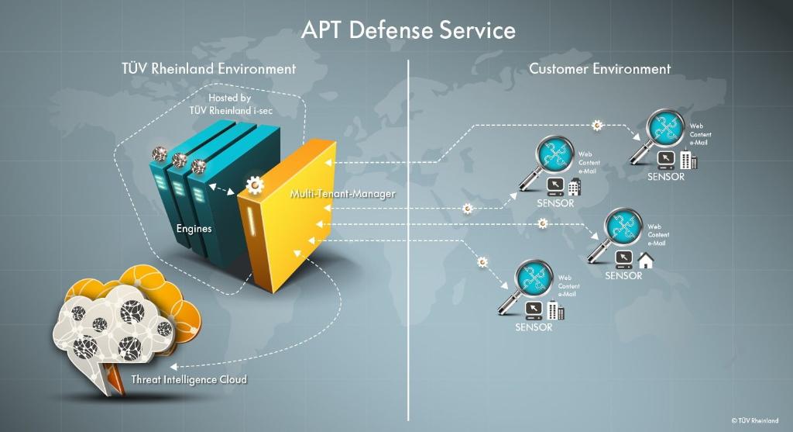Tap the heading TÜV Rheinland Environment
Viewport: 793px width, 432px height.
tap(208, 68)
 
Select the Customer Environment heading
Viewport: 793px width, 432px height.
tap(599, 68)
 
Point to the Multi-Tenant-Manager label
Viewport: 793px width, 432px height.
tap(342, 192)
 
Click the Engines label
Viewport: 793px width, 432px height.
tap(194, 229)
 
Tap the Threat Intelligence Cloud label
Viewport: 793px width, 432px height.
tap(189, 379)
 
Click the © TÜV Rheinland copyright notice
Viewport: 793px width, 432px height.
tap(755, 420)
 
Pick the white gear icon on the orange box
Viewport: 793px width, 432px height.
tap(253, 185)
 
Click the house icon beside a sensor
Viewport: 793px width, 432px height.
tap(645, 260)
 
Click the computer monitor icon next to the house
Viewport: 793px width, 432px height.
tap(624, 258)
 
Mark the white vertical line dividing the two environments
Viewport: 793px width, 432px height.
tap(408, 233)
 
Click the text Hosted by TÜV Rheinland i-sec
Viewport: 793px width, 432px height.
tap(230, 105)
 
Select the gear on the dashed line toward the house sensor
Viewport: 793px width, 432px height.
tap(542, 223)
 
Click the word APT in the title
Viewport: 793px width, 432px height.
tap(321, 30)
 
